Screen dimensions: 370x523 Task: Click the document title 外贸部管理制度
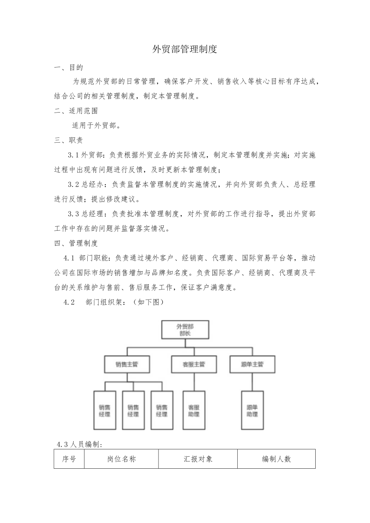[185, 49]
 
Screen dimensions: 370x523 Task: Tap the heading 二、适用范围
[76, 111]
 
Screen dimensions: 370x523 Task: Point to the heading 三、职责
[69, 140]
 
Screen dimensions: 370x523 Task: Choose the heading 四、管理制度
[76, 243]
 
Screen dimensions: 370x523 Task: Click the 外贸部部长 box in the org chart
[185, 329]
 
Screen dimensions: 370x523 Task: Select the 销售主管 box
[127, 364]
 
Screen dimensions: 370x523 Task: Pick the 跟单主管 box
[252, 364]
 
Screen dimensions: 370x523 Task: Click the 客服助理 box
[194, 410]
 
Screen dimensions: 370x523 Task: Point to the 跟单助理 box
[252, 410]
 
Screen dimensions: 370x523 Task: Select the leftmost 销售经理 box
[105, 410]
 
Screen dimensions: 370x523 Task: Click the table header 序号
[69, 459]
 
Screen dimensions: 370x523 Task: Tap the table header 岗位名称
[121, 459]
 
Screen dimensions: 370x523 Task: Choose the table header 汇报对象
[198, 459]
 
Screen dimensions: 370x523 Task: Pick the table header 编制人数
[276, 459]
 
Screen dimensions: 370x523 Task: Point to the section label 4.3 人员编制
[80, 444]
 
